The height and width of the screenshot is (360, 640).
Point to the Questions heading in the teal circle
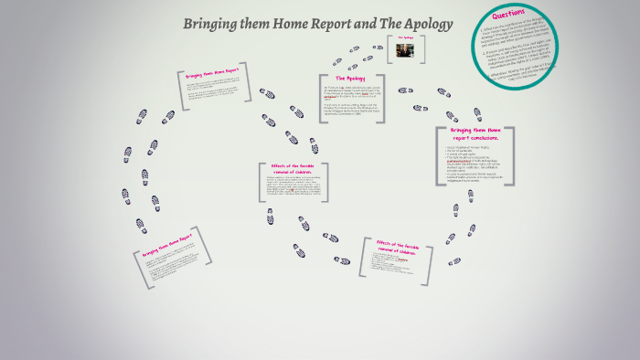click(508, 16)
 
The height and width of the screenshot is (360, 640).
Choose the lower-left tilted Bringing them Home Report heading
click(167, 246)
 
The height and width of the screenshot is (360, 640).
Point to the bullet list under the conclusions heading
click(475, 164)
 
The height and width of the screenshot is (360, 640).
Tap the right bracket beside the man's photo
click(420, 50)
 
